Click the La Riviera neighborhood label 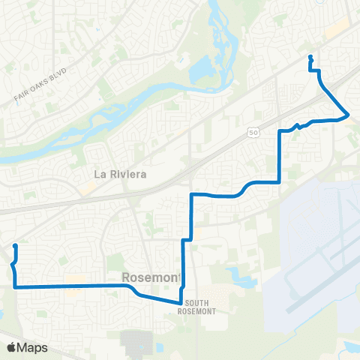119,174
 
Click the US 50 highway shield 253,132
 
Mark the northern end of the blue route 310,57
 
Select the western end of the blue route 15,246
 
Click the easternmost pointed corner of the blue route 349,115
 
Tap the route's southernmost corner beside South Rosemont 180,303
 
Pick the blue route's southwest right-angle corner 15,286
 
